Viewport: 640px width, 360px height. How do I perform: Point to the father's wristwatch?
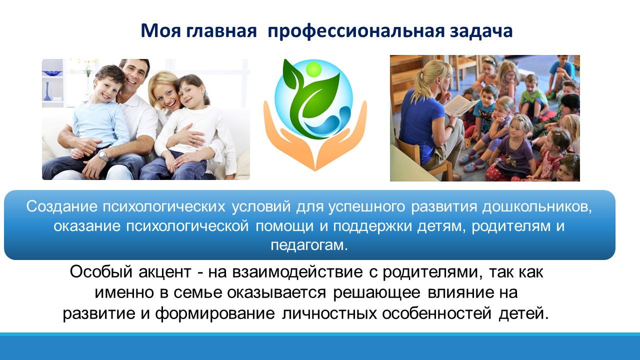click(103, 155)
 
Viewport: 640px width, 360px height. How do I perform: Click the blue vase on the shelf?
click(47, 91)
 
